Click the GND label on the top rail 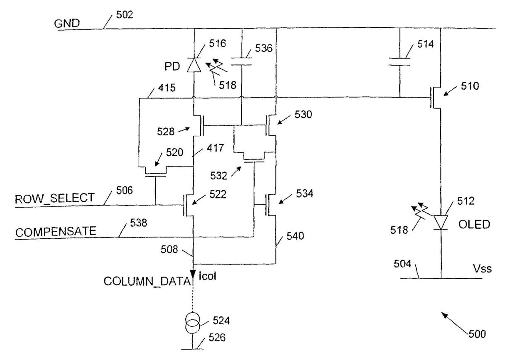[67, 23]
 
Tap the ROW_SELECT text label [55, 198]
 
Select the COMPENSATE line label [56, 232]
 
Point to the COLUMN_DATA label [147, 282]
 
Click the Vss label [482, 268]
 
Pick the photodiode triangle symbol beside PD [194, 65]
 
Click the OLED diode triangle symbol [441, 223]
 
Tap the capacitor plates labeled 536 [241, 61]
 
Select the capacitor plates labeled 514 [400, 61]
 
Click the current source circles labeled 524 [193, 323]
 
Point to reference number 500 [477, 334]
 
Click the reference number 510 [470, 86]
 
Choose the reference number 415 [167, 88]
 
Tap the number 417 [215, 148]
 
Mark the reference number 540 [295, 236]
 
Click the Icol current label [207, 276]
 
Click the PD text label [172, 66]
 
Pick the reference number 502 [125, 15]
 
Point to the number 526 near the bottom [217, 338]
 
